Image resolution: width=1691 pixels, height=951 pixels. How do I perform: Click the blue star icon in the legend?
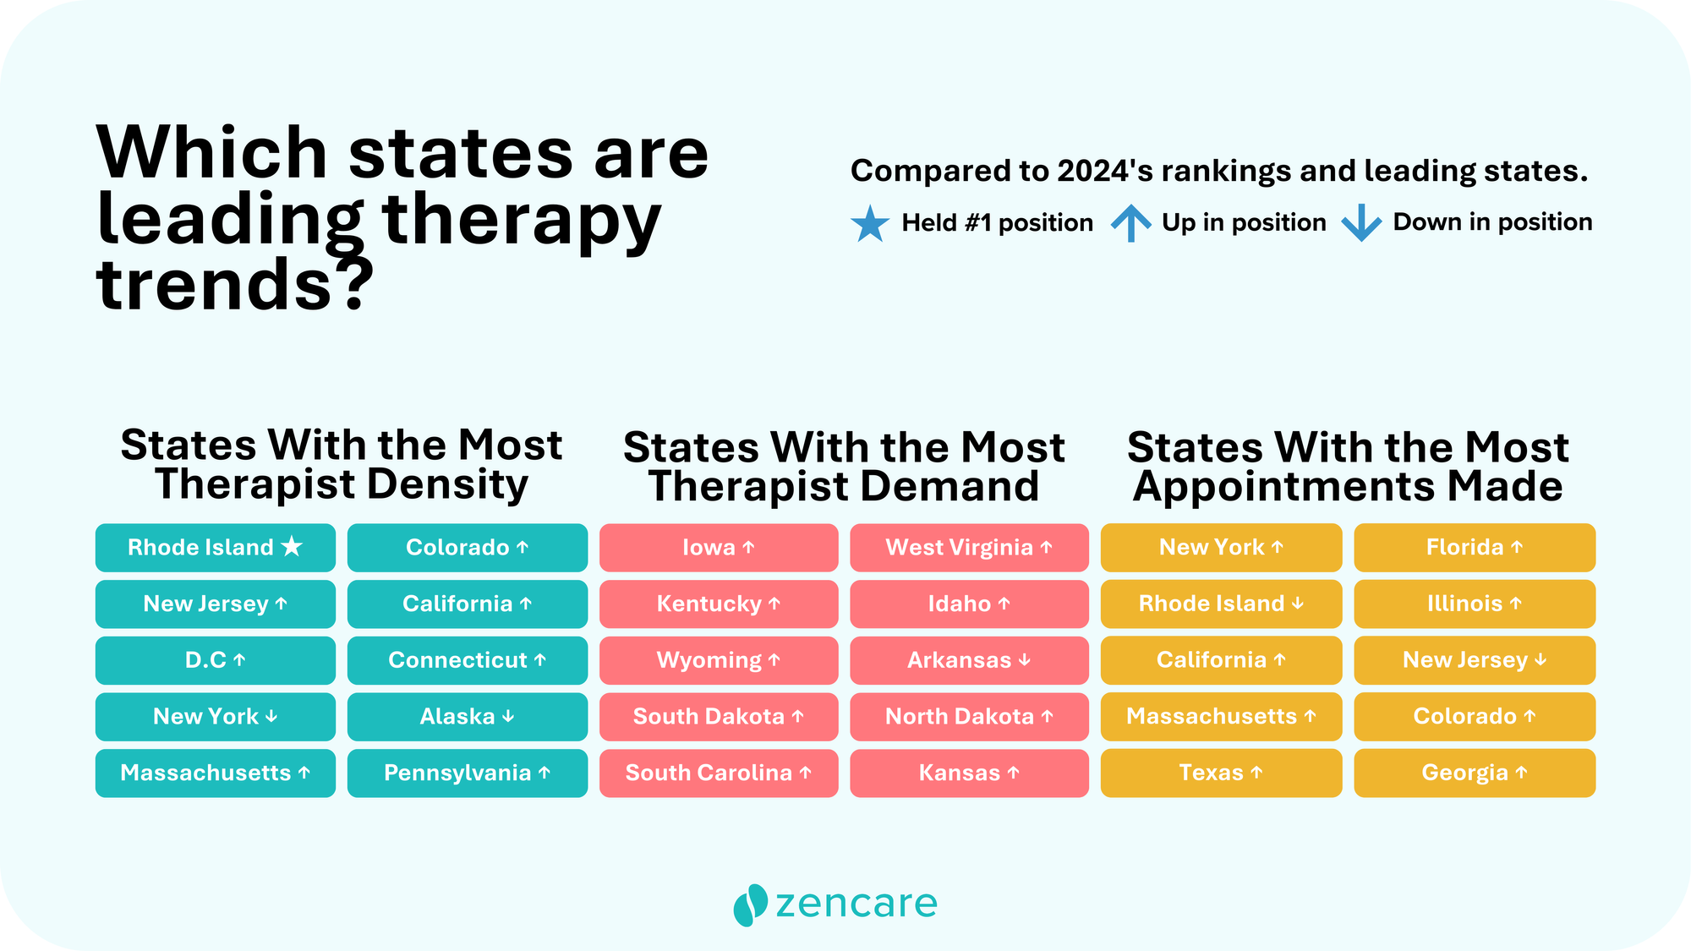pos(870,224)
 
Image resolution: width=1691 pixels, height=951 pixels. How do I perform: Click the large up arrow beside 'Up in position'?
pos(1130,223)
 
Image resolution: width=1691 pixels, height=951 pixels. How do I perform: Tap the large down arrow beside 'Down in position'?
pos(1361,223)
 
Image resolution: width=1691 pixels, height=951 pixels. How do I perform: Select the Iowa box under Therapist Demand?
pos(719,548)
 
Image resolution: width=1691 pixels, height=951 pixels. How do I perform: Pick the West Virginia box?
pos(969,548)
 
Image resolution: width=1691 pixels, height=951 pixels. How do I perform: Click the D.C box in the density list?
pos(215,660)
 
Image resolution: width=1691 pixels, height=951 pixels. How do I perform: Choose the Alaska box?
pos(467,717)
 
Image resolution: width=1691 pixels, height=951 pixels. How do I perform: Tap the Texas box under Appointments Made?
pos(1221,773)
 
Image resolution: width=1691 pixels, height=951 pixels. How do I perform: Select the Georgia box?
pos(1475,773)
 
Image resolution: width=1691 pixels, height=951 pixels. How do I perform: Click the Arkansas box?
pos(969,660)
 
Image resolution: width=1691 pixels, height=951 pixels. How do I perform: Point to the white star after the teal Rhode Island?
pos(292,547)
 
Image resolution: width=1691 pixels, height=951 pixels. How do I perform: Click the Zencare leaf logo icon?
pos(750,905)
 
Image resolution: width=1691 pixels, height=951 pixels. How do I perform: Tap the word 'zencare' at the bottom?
pos(856,904)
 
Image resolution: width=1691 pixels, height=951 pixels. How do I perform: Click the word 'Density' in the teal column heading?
pos(447,485)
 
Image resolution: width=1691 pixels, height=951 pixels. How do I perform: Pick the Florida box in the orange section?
pos(1475,548)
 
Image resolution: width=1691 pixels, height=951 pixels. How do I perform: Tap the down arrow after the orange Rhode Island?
pos(1298,604)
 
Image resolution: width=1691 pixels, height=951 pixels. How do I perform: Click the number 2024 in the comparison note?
pos(1092,171)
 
